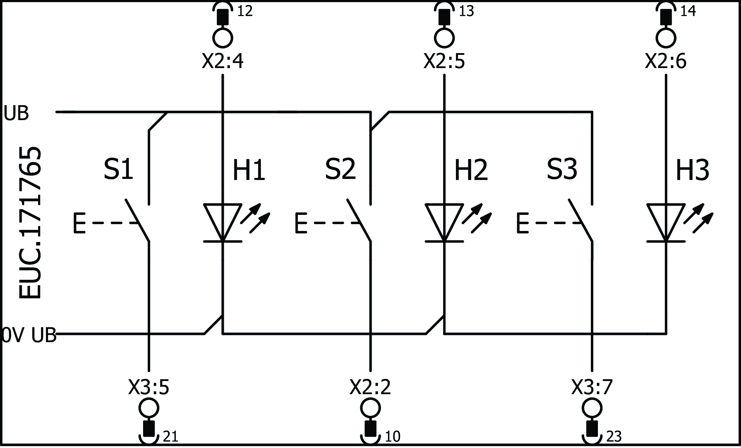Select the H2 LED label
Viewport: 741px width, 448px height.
(471, 171)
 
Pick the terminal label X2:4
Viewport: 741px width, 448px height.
(223, 62)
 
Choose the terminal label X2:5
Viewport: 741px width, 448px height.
(444, 62)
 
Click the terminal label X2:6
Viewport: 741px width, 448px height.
(666, 62)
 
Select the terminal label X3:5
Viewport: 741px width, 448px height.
(149, 387)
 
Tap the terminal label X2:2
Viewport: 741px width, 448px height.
(370, 387)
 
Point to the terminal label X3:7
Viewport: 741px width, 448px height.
(592, 387)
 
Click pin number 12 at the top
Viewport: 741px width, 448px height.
(245, 11)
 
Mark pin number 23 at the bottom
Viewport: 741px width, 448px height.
(614, 437)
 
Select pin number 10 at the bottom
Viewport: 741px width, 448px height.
(393, 437)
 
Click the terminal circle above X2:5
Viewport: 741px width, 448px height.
(444, 37)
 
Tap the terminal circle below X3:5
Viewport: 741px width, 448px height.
(149, 408)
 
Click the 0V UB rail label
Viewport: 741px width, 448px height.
(28, 335)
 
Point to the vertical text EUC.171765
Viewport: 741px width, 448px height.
(30, 223)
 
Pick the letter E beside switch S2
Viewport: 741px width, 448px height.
(301, 223)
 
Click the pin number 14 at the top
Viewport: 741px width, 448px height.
(688, 11)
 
